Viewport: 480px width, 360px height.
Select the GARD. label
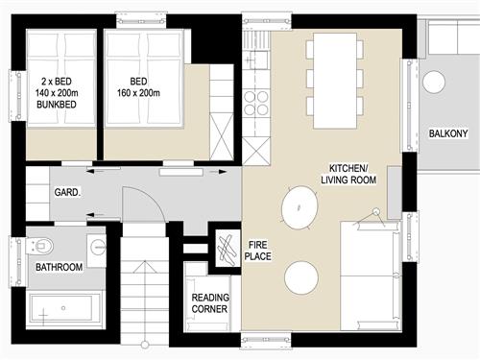(x=67, y=192)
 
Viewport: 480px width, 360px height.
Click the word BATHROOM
(x=59, y=266)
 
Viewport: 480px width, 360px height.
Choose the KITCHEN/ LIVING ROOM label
(x=351, y=173)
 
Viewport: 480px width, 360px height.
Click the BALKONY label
(x=447, y=133)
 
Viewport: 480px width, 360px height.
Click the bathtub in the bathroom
(x=61, y=310)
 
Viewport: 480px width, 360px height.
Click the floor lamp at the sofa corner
(x=379, y=223)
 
